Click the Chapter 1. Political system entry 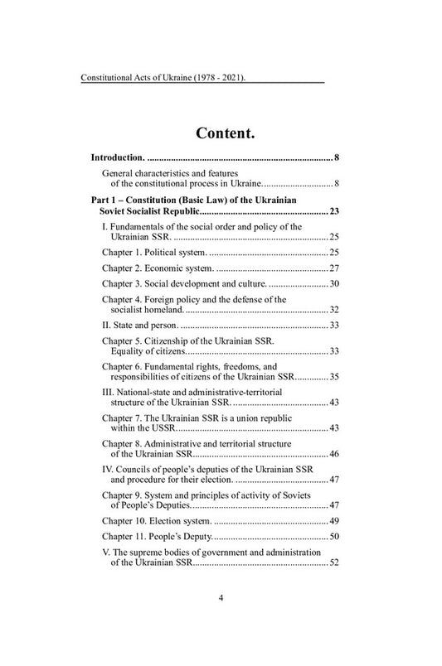tap(153, 251)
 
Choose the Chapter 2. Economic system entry tap(157, 268)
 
